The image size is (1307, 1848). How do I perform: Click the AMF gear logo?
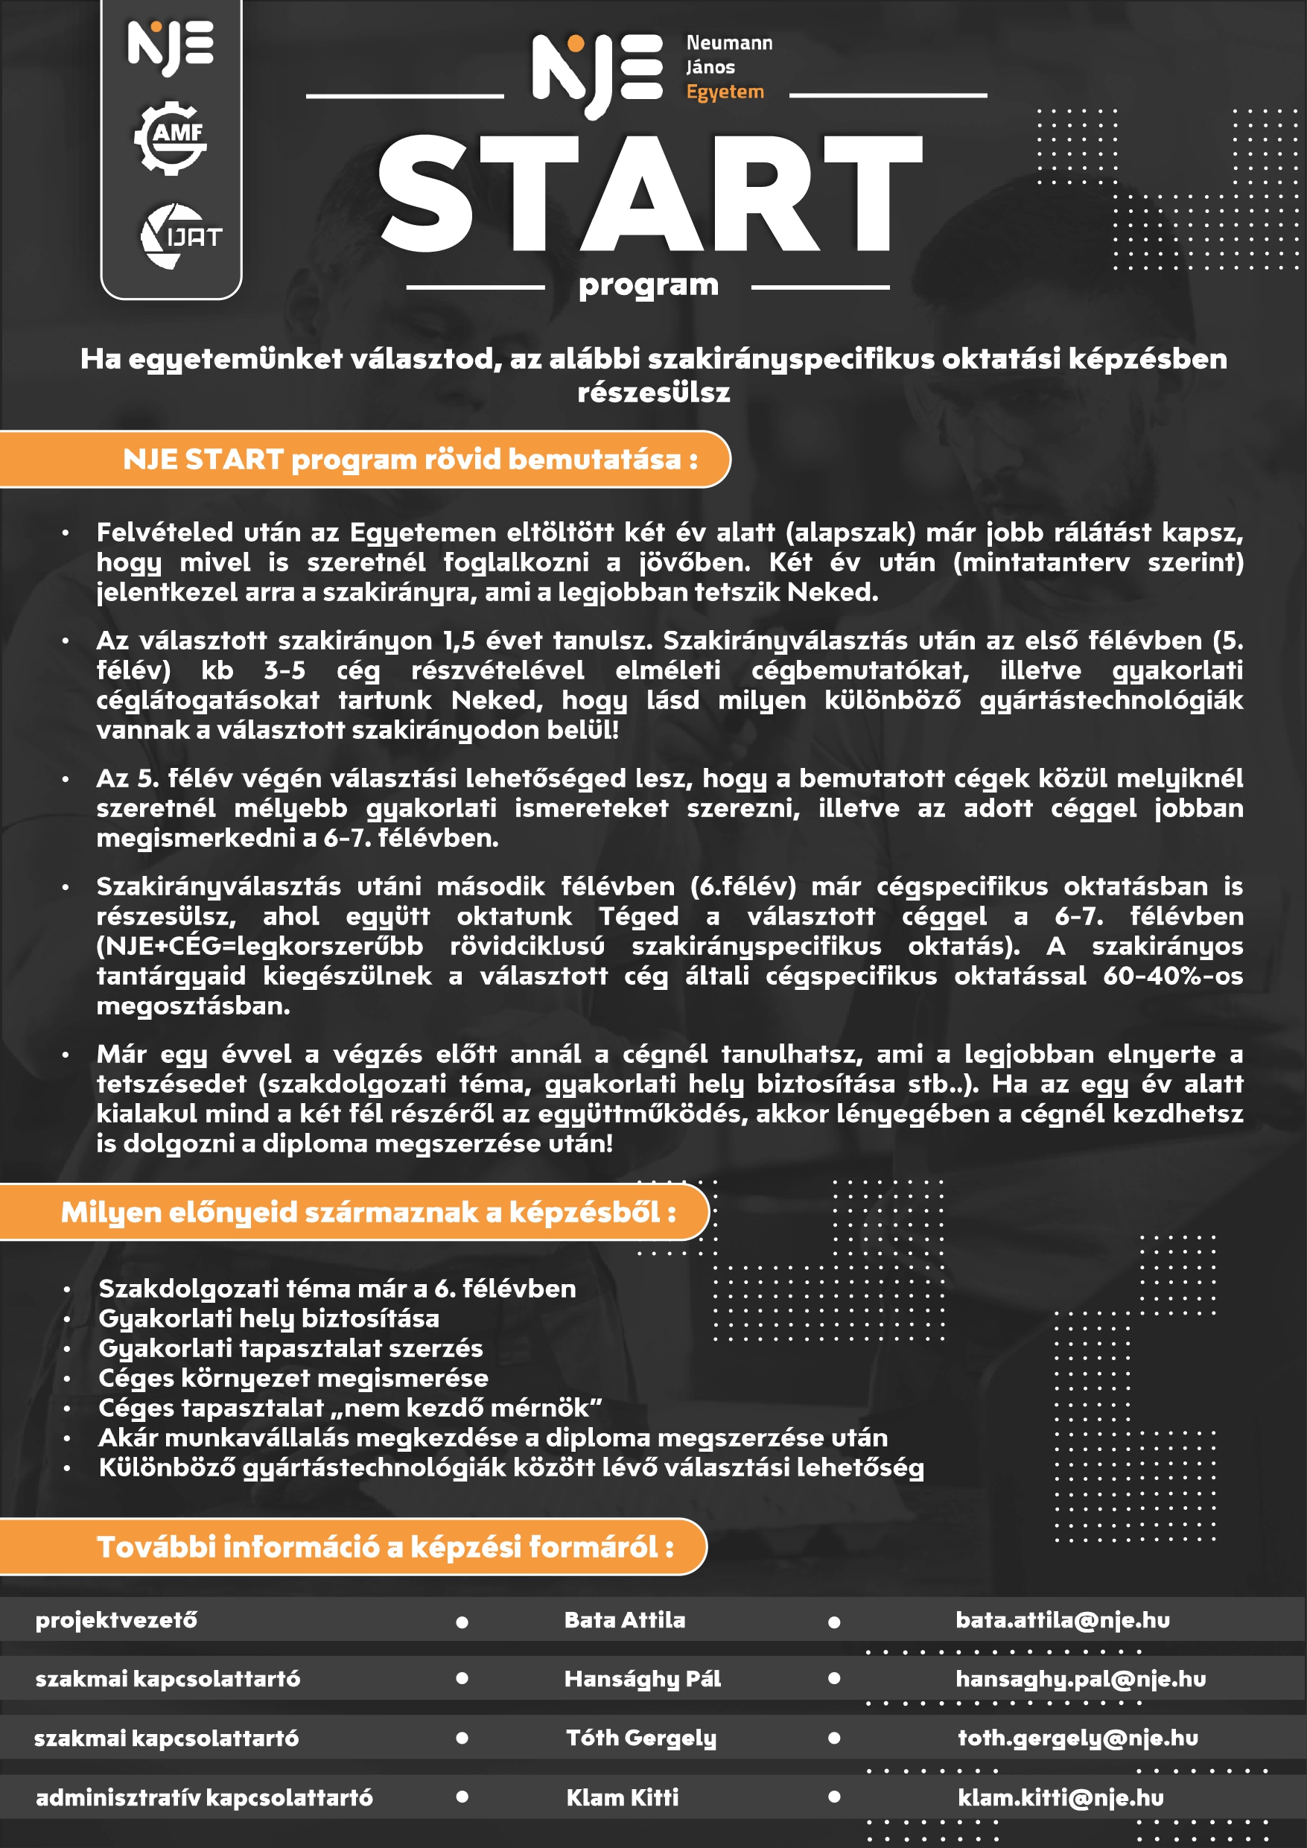pos(170,138)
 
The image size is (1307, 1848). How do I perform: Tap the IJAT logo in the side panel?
pos(180,237)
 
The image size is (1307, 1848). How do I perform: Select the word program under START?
pos(648,285)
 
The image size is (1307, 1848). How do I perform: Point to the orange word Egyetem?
pos(725,92)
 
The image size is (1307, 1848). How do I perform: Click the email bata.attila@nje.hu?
pos(1062,1620)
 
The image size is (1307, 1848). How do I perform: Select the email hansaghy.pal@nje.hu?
pos(1080,1679)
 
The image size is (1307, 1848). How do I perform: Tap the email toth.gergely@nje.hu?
pos(1078,1739)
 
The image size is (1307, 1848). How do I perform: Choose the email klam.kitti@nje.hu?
pos(1060,1798)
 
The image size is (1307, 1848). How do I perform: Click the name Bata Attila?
pos(625,1620)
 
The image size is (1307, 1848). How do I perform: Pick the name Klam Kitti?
pos(622,1798)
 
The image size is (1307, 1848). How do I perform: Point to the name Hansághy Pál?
pos(642,1679)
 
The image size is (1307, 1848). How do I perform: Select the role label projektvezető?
pos(116,1620)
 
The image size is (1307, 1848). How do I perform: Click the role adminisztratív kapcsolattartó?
pos(204,1798)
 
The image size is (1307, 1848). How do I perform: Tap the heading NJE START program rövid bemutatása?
pos(410,460)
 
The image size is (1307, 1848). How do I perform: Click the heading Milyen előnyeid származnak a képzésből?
pos(368,1212)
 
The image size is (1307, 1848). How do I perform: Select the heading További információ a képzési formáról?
pos(385,1547)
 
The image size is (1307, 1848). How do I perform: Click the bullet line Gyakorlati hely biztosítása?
pos(269,1318)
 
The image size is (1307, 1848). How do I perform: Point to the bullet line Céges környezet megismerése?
pos(293,1378)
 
